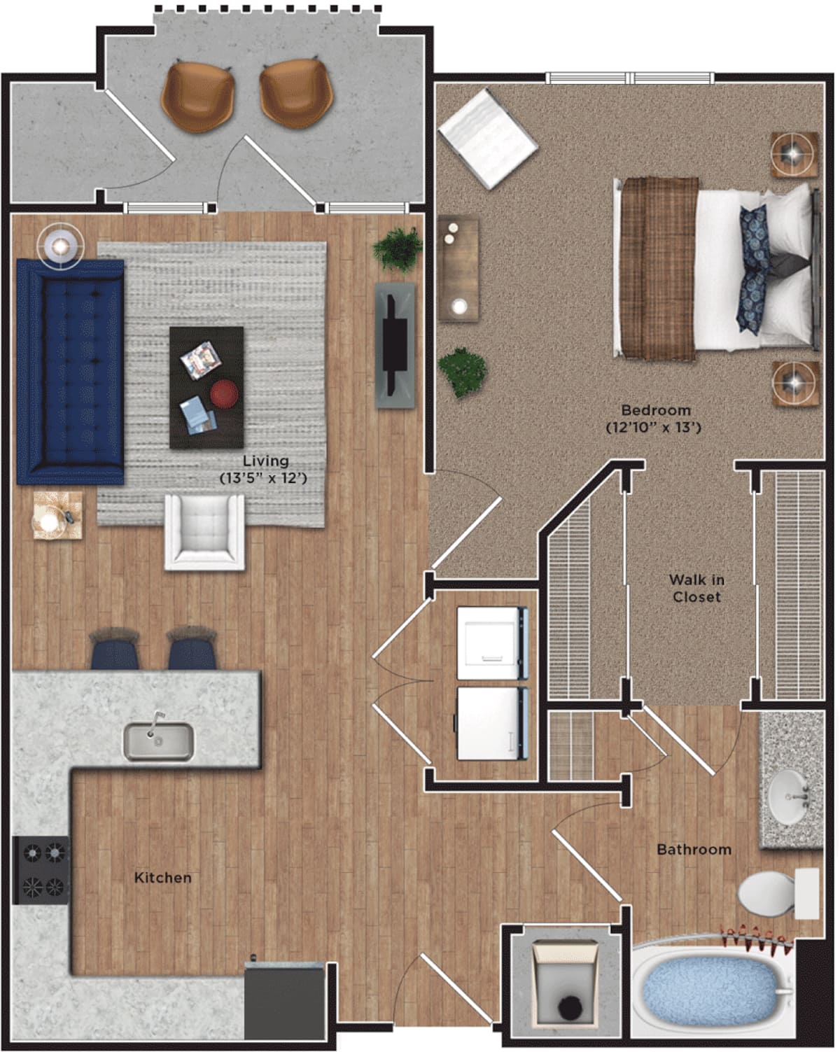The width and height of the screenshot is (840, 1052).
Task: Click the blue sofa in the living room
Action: (70, 371)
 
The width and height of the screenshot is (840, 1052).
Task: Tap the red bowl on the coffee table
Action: (224, 393)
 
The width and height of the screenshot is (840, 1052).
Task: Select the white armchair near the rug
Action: (204, 531)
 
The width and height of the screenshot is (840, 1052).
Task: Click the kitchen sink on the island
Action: (158, 741)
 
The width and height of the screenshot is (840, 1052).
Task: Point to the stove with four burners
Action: (42, 870)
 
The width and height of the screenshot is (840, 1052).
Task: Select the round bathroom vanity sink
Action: (792, 797)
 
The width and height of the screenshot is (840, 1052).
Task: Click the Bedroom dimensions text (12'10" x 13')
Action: (653, 426)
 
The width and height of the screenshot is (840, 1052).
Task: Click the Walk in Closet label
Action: (696, 588)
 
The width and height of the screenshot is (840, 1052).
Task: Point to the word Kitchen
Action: (162, 877)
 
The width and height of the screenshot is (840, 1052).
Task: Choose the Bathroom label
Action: (694, 849)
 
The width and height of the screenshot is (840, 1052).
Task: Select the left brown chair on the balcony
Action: (197, 96)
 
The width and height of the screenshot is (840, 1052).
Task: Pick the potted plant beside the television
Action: (398, 248)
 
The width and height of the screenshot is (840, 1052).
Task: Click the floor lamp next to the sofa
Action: (61, 246)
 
